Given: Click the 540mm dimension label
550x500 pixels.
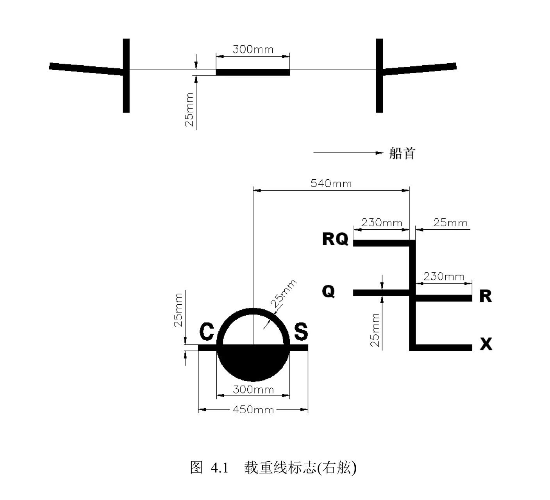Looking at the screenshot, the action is (331, 184).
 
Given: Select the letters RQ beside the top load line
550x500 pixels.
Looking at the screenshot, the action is (335, 239).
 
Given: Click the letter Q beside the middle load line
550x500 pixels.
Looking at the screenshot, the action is (329, 291).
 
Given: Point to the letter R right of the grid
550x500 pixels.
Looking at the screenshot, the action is (486, 296).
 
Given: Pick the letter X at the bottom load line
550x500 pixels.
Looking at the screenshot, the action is (486, 344).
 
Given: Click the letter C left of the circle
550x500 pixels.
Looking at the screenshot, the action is (207, 331).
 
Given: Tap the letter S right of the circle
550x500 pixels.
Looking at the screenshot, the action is (301, 331).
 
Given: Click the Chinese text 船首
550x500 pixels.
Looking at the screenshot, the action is (402, 153).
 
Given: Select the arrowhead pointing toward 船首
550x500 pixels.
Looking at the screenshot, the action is (379, 153).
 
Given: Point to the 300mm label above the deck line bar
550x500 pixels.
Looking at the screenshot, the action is (253, 50).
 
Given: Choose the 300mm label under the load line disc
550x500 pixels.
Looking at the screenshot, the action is (253, 389).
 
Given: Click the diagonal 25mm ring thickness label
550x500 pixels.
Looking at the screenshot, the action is (284, 293).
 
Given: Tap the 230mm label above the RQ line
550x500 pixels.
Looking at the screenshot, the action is (381, 222).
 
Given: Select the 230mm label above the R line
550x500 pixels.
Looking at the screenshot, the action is (444, 277).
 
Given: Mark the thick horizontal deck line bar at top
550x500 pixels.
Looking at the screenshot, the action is (253, 72).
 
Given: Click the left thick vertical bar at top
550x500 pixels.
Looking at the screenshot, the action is (126, 75).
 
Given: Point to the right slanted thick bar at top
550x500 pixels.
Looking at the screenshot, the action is (420, 69).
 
